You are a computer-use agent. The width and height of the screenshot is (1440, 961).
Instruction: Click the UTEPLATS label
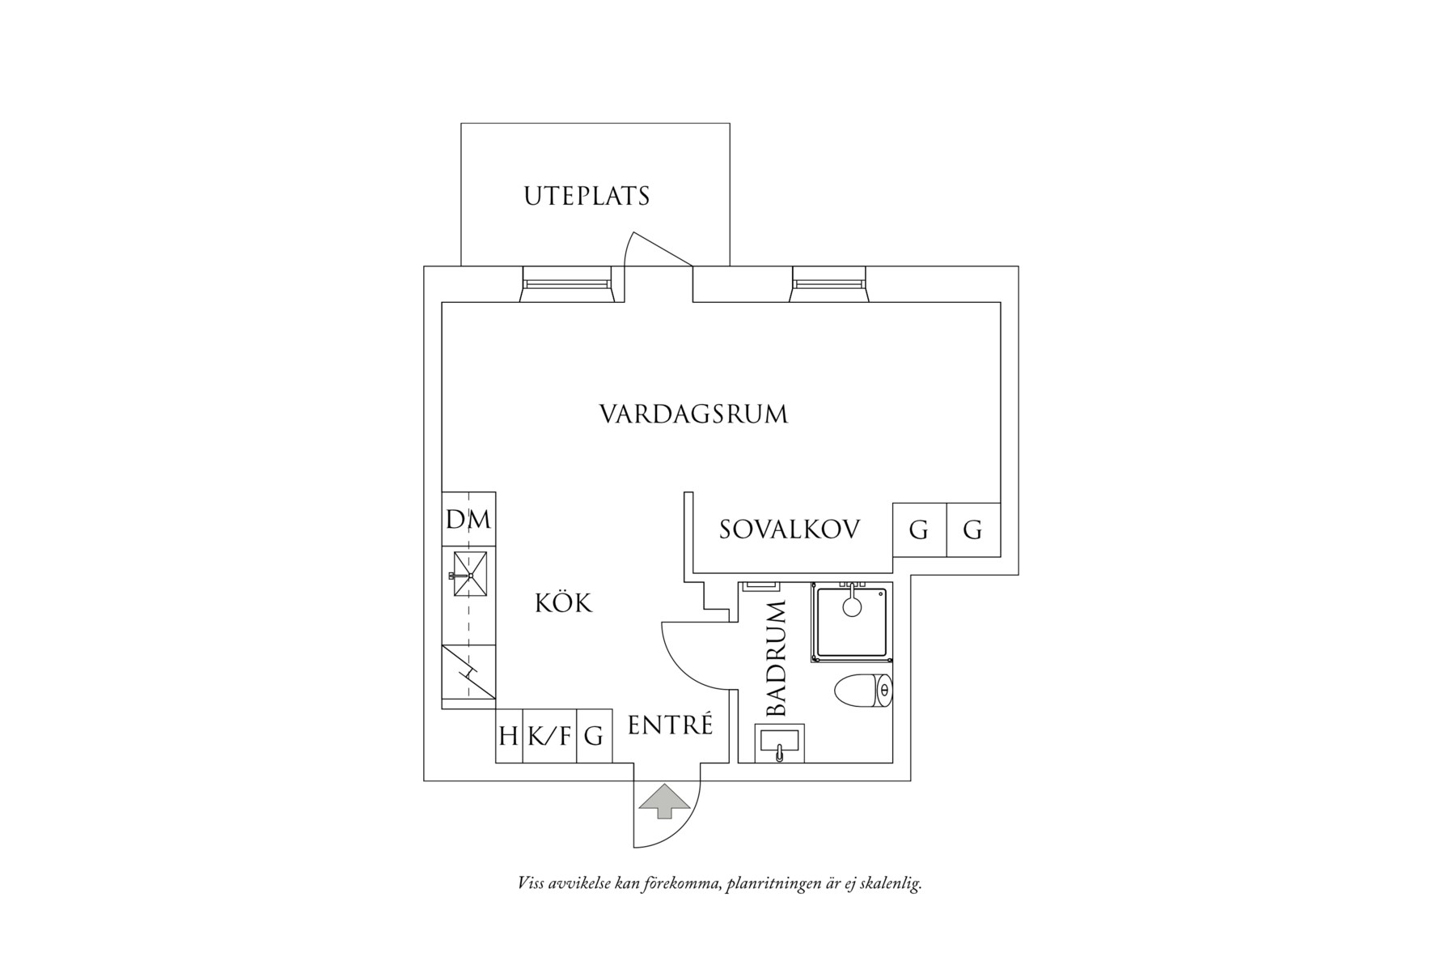point(587,197)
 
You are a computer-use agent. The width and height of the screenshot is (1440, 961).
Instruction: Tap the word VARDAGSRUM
point(693,415)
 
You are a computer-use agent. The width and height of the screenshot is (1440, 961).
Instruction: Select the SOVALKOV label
point(790,529)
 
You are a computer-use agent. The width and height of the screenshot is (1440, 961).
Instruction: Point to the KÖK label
point(564,603)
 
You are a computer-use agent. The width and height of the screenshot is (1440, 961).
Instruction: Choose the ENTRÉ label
point(670,725)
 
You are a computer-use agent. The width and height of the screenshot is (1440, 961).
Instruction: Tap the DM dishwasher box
point(468,519)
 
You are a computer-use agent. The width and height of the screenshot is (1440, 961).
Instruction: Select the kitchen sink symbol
point(468,575)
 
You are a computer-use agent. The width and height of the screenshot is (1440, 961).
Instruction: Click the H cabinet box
point(509,736)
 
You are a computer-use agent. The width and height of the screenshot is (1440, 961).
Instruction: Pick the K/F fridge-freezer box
point(549,736)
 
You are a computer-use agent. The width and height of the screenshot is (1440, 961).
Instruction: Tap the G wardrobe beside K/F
point(594,736)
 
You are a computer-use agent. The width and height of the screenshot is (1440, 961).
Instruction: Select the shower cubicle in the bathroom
point(850,622)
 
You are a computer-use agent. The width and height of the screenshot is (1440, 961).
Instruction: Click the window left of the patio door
point(566,284)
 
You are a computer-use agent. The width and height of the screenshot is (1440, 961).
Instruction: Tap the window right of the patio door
point(828,284)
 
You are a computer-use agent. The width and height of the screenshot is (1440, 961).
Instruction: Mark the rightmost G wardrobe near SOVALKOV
point(973,529)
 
